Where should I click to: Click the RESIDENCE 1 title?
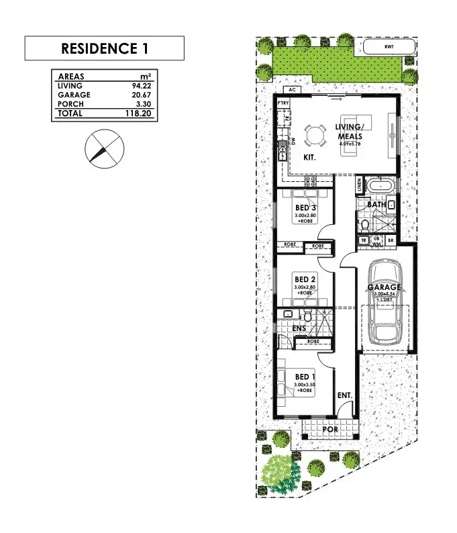104,49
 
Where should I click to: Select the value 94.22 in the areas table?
166,86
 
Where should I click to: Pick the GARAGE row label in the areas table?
74,95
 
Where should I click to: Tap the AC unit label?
291,89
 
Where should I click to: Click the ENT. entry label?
344,396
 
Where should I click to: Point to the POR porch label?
329,428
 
